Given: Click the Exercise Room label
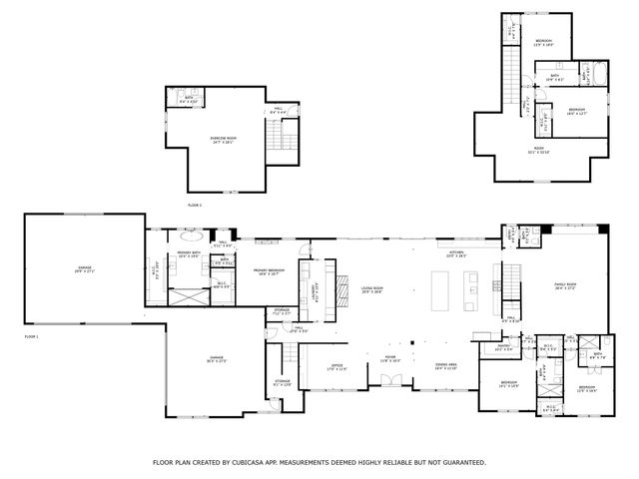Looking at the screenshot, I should tap(222, 140).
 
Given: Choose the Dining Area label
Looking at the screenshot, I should tap(446, 366).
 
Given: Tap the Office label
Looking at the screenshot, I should tap(337, 366).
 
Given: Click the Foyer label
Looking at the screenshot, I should tap(390, 357).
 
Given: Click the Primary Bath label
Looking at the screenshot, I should tap(189, 255).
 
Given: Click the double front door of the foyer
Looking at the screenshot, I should tap(390, 379).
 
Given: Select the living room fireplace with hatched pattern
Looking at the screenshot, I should tap(339, 281).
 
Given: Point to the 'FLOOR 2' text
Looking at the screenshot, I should tap(195, 204).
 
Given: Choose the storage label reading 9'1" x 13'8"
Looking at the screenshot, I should tap(284, 383).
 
